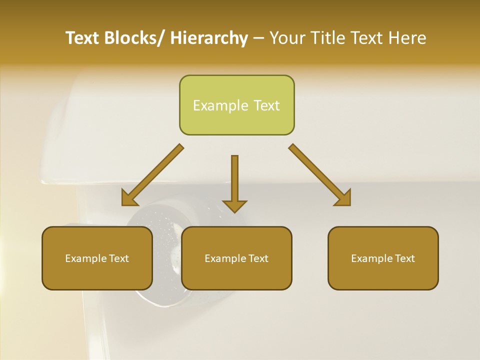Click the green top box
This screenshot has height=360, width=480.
point(236,105)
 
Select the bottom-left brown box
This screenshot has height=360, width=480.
point(97,258)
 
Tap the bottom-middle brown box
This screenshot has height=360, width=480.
point(236,258)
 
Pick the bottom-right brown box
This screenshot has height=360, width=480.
point(383,258)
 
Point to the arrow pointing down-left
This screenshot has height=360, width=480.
point(152,175)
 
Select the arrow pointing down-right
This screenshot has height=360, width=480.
point(320,175)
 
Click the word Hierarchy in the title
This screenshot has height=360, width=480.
point(208,38)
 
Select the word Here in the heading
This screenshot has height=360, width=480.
point(407,38)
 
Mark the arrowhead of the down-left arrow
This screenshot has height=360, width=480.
point(128,199)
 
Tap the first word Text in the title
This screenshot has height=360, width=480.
point(83,38)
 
